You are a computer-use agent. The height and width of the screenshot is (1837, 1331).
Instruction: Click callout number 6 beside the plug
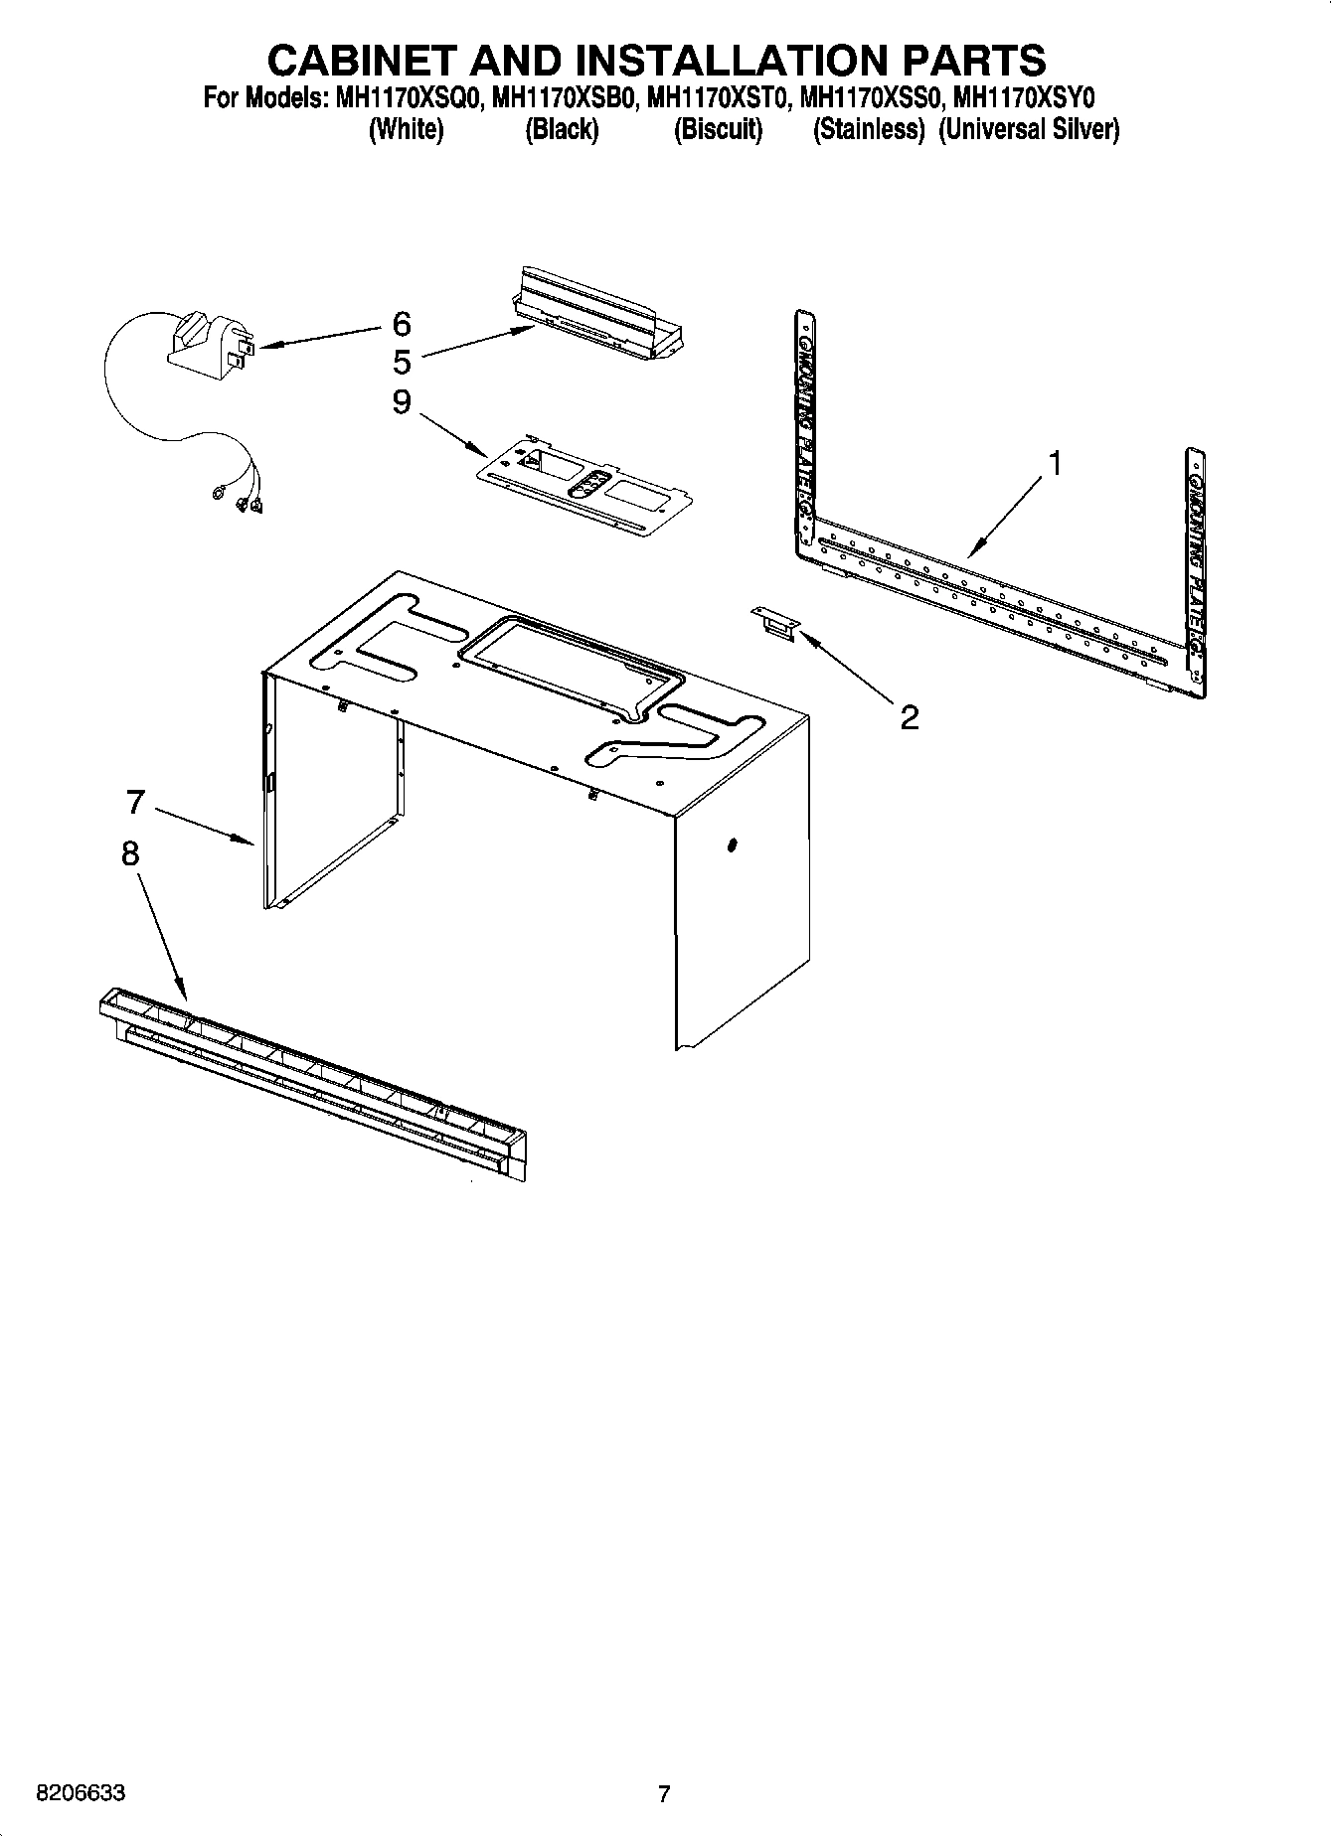click(x=401, y=324)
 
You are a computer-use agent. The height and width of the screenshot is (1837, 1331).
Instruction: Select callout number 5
click(x=401, y=363)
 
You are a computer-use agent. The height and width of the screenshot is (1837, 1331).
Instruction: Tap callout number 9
click(x=401, y=402)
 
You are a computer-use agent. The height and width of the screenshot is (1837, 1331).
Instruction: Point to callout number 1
click(x=1056, y=464)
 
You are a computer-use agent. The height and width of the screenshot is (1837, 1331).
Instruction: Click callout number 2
click(x=909, y=717)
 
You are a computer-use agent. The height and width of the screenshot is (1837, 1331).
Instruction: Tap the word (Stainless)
click(x=869, y=130)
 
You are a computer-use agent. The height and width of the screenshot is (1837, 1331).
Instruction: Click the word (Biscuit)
click(x=718, y=130)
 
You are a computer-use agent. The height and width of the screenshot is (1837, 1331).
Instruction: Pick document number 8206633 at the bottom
click(x=81, y=1793)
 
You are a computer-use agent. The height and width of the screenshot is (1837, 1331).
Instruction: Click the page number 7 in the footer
click(x=664, y=1793)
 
